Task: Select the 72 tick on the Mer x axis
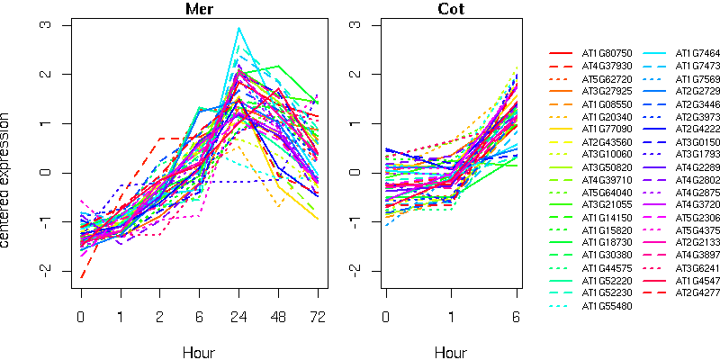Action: click(x=317, y=318)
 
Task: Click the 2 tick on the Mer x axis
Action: click(x=159, y=318)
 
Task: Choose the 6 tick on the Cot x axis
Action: click(x=517, y=318)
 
